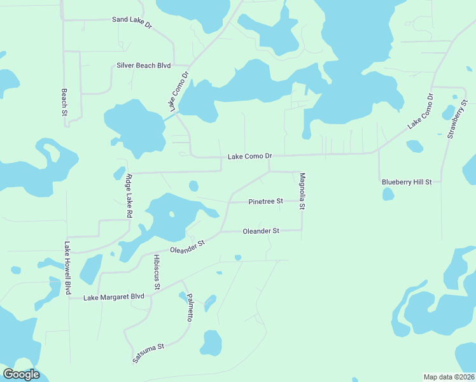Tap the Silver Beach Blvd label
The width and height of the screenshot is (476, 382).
144,66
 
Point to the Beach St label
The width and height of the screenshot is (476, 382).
64,102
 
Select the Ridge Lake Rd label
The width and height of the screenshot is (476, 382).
129,196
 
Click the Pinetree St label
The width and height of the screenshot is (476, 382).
265,201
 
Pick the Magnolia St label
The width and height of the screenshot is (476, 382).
303,191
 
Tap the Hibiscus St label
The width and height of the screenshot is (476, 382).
157,270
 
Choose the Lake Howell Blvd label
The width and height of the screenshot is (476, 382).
67,267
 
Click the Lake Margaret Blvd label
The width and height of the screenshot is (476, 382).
114,297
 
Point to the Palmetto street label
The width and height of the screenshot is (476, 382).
190,308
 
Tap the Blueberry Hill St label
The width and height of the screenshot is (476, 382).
407,182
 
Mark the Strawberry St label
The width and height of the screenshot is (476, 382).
457,119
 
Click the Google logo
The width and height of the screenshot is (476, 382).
21,374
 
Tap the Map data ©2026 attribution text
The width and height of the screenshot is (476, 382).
449,376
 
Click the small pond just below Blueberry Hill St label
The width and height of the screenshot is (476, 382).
388,194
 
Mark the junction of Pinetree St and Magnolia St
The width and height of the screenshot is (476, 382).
302,201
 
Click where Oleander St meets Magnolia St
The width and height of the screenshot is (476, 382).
302,231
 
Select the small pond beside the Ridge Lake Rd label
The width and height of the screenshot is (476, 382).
119,173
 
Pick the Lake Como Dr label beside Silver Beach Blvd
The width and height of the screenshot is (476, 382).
180,92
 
